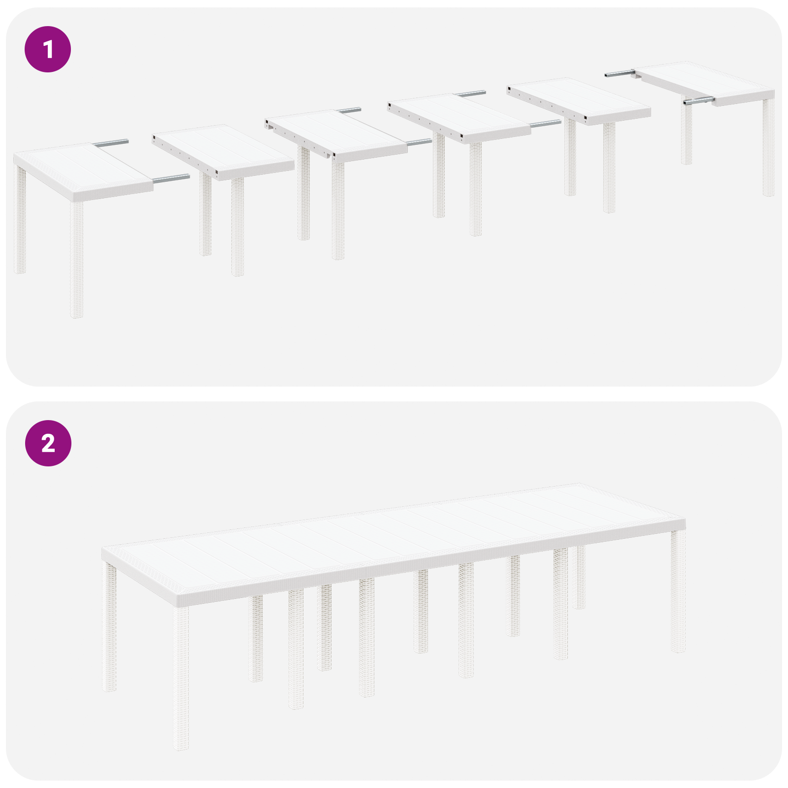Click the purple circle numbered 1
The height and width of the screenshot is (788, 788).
coord(48,49)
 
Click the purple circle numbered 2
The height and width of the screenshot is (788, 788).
coord(48,443)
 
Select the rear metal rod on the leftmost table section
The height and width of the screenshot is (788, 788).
coord(111,143)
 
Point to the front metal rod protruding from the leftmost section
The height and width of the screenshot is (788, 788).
coord(171,179)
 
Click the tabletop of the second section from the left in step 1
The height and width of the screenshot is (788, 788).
coord(224,150)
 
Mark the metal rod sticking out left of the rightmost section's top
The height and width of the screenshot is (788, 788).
coord(618,74)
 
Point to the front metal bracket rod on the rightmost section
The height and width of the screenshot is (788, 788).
coord(698,101)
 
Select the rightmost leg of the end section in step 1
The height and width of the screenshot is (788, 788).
coord(768,148)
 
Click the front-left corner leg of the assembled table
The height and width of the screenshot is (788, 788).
coord(181,680)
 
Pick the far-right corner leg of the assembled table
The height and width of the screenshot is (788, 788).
coord(678,591)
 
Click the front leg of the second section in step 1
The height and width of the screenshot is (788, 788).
coord(237,227)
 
